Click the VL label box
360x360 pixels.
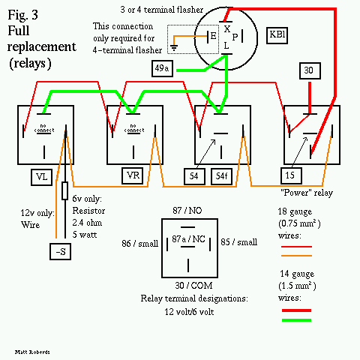pyautogui.click(x=41, y=177)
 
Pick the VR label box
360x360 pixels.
pyautogui.click(x=133, y=175)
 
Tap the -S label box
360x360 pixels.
pyautogui.click(x=60, y=250)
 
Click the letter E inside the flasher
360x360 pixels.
pyautogui.click(x=213, y=35)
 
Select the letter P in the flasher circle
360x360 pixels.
pyautogui.click(x=235, y=35)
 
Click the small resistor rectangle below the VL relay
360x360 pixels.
pyautogui.click(x=64, y=190)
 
